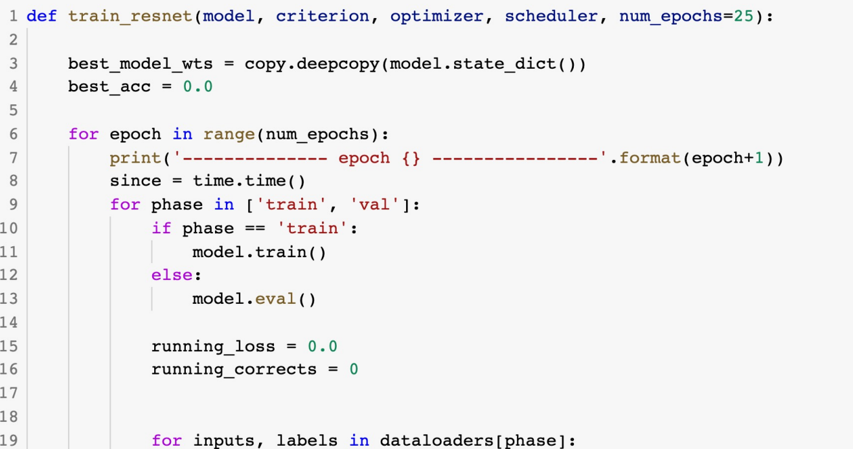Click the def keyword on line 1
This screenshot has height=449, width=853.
click(41, 16)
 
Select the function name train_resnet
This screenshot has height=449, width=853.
click(130, 16)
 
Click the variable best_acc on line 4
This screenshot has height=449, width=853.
click(109, 87)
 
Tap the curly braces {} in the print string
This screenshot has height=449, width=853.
click(411, 158)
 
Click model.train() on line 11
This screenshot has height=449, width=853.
click(259, 252)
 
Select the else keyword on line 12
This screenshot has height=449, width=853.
click(172, 275)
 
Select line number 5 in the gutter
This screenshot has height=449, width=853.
click(14, 111)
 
